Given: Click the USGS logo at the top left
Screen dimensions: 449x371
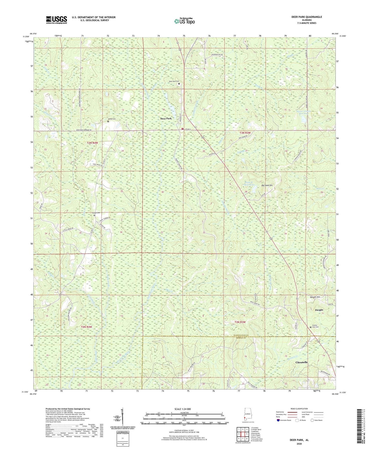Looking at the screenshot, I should pos(56,20).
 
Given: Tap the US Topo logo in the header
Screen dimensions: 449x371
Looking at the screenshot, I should pos(184,21).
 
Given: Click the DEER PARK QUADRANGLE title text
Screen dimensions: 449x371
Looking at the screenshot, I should pos(307,17).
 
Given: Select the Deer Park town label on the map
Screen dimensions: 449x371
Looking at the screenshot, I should pos(166,119).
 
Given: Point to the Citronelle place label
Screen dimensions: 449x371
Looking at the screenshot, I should pos(305,362).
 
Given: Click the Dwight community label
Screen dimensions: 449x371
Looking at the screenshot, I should pos(319,310).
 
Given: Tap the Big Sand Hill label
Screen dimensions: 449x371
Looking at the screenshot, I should pos(267,185).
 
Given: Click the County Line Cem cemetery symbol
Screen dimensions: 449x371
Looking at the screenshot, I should pos(310,327).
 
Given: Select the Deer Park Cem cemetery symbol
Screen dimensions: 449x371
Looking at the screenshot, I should pos(179,84).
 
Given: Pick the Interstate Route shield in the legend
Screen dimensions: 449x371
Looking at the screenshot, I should pos(279,420).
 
